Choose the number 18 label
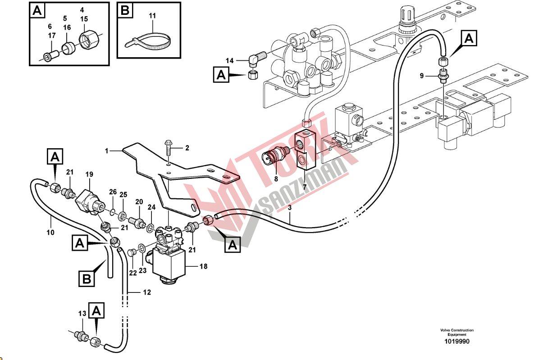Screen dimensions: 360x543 click(203, 266)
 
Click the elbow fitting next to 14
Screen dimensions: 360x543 click(256, 58)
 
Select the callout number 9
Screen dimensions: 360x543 click(422, 76)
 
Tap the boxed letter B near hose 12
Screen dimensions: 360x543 click(87, 279)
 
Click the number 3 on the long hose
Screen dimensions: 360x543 click(290, 208)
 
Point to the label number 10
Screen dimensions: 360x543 click(50, 232)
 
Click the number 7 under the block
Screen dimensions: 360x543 click(304, 187)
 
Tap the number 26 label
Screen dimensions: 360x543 click(112, 192)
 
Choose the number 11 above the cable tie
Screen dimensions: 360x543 click(152, 16)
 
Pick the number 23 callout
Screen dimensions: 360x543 click(142, 271)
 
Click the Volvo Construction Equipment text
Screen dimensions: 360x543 click(457, 333)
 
